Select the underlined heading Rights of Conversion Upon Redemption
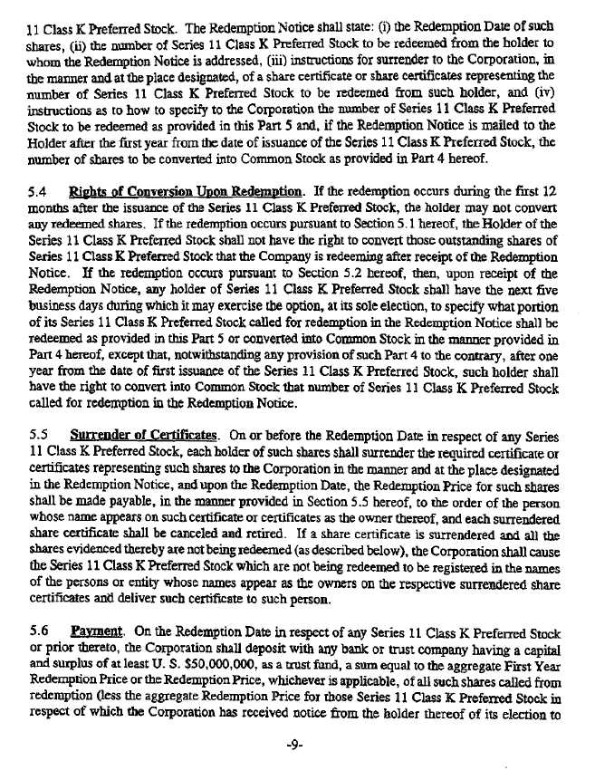(187, 192)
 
